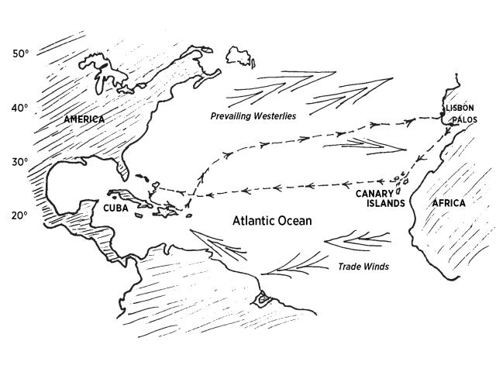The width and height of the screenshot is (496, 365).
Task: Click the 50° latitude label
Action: pyautogui.click(x=20, y=53)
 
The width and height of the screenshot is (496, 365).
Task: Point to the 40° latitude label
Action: pyautogui.click(x=20, y=108)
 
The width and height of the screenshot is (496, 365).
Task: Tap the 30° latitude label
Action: pyautogui.click(x=20, y=162)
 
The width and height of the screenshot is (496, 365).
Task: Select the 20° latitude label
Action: pyautogui.click(x=20, y=215)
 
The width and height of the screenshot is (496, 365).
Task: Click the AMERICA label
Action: pyautogui.click(x=85, y=119)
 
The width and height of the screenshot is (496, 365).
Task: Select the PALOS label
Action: pyautogui.click(x=465, y=120)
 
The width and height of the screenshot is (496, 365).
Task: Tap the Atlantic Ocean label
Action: pyautogui.click(x=272, y=222)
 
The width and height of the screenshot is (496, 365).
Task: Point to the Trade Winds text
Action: pyautogui.click(x=362, y=267)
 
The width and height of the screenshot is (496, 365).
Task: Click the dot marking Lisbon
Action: pyautogui.click(x=442, y=115)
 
